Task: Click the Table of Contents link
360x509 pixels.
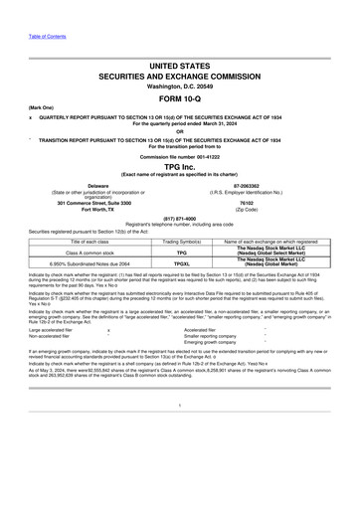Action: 30,7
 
